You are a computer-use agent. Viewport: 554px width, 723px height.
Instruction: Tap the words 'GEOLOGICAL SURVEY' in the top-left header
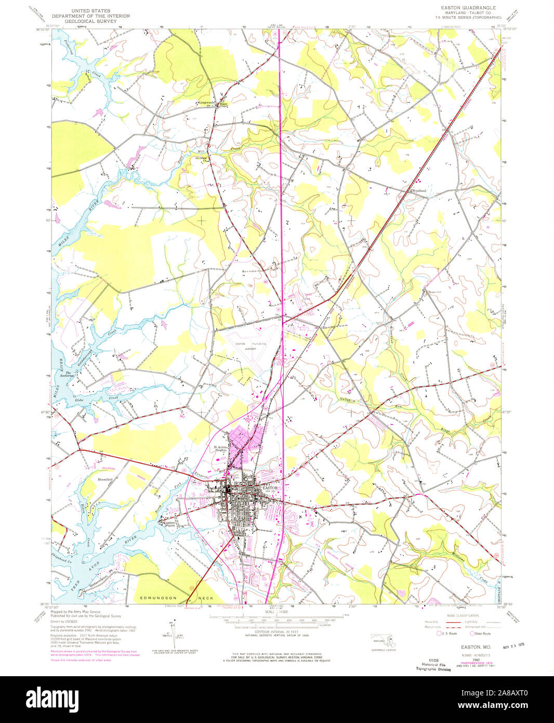click(x=90, y=21)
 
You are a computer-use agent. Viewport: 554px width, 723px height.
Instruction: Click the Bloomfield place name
click(x=105, y=479)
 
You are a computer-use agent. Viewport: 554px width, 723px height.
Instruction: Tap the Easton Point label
click(x=170, y=524)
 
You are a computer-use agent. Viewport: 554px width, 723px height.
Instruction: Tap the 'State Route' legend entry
click(x=482, y=634)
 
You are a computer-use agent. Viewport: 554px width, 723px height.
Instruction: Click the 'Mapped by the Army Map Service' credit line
click(x=75, y=612)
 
